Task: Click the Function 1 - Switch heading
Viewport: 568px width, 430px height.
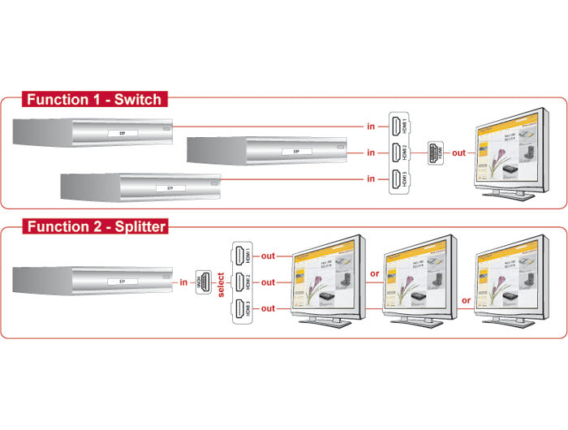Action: (93, 100)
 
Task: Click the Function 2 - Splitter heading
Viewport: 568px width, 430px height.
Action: (96, 226)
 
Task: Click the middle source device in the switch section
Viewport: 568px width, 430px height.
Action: (266, 151)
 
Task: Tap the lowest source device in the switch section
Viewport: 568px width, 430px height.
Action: (142, 187)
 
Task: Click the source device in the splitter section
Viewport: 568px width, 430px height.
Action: (93, 282)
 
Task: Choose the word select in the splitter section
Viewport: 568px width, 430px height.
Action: (221, 282)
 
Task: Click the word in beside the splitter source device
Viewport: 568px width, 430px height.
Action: (183, 282)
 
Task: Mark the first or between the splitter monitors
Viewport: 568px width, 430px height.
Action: (375, 274)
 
